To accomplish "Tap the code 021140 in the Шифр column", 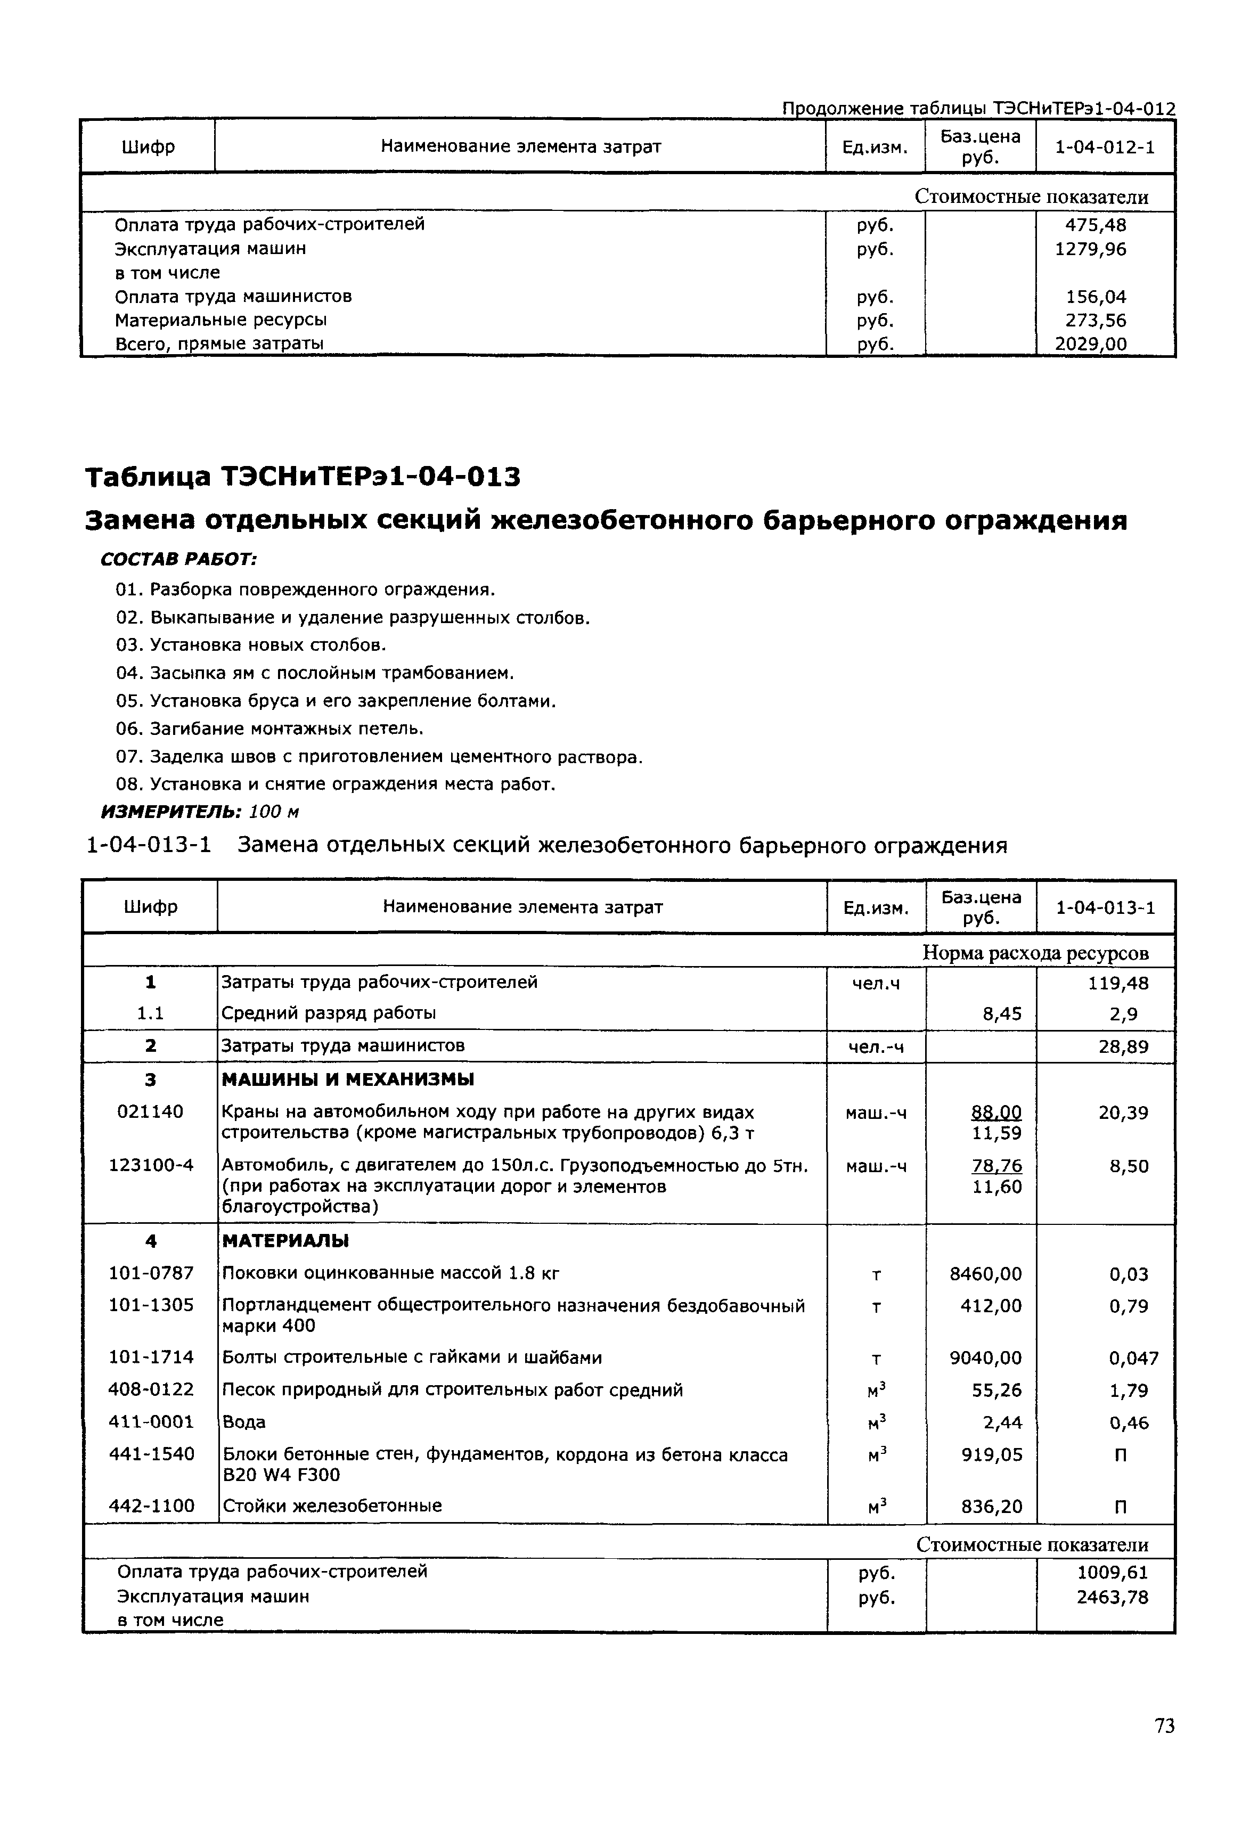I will click(x=150, y=1112).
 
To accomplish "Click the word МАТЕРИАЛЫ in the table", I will click(x=286, y=1241).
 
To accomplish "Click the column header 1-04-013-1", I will click(x=1105, y=908).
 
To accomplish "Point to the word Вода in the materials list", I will click(x=244, y=1422).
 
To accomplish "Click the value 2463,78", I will click(x=1112, y=1598).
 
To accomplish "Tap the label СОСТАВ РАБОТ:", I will click(x=179, y=560).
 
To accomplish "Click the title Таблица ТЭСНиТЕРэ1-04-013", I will click(x=303, y=477).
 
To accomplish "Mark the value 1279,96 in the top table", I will click(x=1091, y=250).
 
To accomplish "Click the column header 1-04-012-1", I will click(x=1104, y=146).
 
